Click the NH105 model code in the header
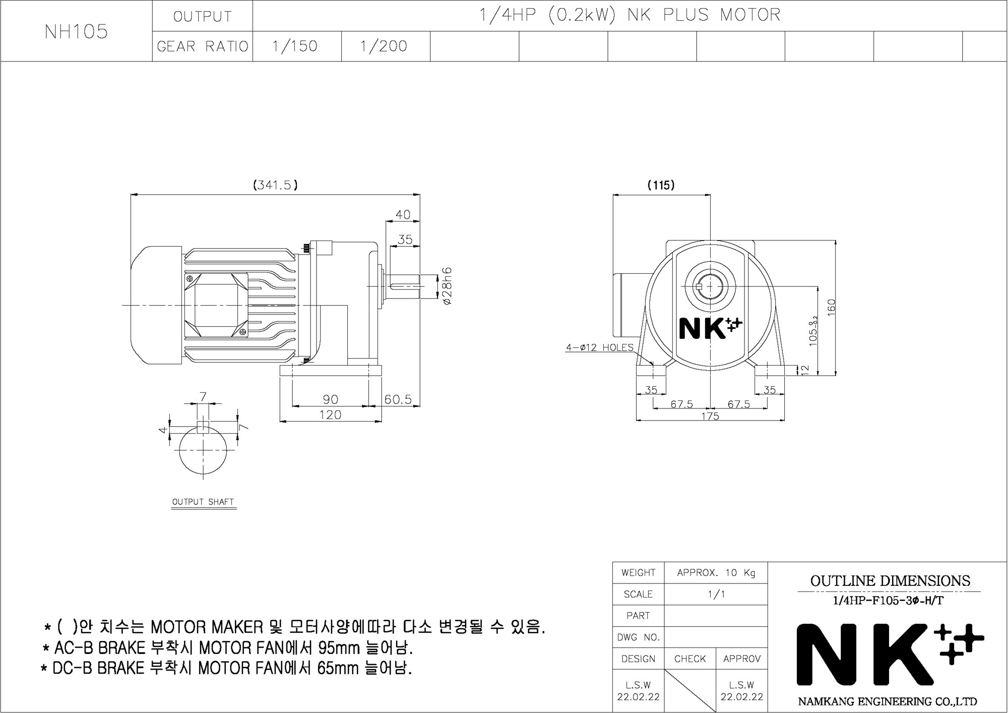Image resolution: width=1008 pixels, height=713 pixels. pos(76,31)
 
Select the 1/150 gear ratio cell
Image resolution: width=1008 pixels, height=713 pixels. pos(297,46)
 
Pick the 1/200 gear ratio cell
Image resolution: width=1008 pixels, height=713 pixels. pos(386,46)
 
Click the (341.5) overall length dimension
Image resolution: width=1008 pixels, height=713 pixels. pos(275,185)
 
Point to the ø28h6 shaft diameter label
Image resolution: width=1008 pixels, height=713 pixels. pos(447,286)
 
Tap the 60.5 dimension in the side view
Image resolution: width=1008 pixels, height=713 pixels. pos(398,399)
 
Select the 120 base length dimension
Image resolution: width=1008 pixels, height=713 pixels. pos(330,414)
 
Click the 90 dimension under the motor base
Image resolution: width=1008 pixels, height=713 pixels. pos(330,399)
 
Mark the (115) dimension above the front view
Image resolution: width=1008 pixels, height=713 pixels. pos(661,185)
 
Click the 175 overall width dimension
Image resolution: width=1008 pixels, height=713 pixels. pos(710,416)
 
